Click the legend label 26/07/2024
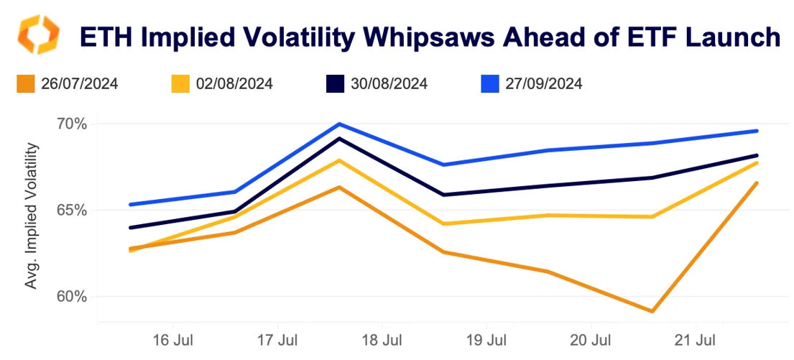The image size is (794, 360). (x=80, y=84)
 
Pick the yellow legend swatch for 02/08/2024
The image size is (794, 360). (x=180, y=84)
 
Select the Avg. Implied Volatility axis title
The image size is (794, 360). (x=31, y=216)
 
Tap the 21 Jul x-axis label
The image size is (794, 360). (x=696, y=338)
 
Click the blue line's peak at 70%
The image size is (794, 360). (x=339, y=124)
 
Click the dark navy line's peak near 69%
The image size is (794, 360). (x=339, y=138)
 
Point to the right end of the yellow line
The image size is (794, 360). (x=757, y=163)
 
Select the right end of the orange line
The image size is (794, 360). (x=757, y=183)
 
